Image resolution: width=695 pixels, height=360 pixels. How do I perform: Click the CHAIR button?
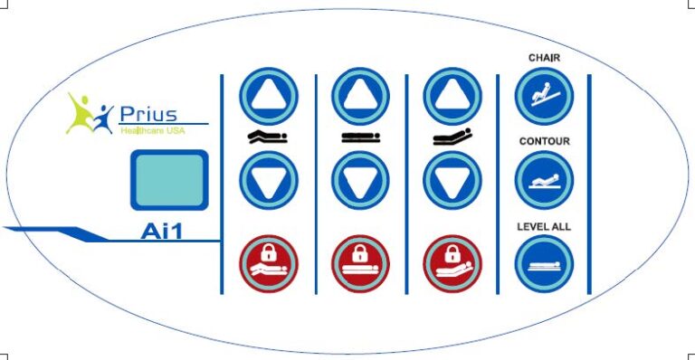pyautogui.click(x=544, y=96)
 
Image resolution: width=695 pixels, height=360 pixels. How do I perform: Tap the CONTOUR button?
pyautogui.click(x=544, y=180)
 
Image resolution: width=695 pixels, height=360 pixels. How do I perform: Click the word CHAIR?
pyautogui.click(x=544, y=58)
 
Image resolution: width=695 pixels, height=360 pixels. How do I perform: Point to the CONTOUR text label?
pyautogui.click(x=544, y=141)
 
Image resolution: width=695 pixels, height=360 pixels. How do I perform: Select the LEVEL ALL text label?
pyautogui.click(x=544, y=227)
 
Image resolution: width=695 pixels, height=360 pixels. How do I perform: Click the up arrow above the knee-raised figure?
pyautogui.click(x=269, y=96)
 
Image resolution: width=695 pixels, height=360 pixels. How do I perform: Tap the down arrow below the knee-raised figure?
pyautogui.click(x=269, y=180)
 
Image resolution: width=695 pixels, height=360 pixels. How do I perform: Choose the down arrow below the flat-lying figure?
pyautogui.click(x=360, y=180)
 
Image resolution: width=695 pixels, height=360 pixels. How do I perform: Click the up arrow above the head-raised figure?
pyautogui.click(x=452, y=96)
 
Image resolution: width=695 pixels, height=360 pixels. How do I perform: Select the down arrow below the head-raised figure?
pyautogui.click(x=452, y=180)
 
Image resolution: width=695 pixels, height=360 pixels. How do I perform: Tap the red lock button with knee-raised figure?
pyautogui.click(x=269, y=264)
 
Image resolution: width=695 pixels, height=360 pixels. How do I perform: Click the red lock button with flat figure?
pyautogui.click(x=360, y=264)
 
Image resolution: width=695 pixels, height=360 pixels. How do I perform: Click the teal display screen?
pyautogui.click(x=169, y=180)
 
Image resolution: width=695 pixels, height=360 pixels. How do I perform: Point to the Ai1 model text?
pyautogui.click(x=161, y=232)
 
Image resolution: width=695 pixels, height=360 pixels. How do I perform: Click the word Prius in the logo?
pyautogui.click(x=148, y=114)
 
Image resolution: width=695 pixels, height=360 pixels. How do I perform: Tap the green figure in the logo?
pyautogui.click(x=80, y=113)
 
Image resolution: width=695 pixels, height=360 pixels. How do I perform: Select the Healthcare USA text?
pyautogui.click(x=153, y=130)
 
